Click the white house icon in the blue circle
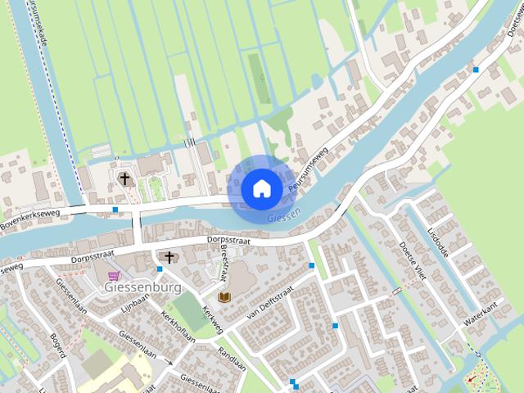tap(261, 188)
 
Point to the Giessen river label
tap(283, 215)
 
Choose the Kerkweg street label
tap(211, 315)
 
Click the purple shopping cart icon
tap(112, 276)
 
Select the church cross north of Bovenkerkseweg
tap(125, 178)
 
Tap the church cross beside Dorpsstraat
tap(169, 258)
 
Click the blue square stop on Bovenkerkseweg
tap(115, 210)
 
